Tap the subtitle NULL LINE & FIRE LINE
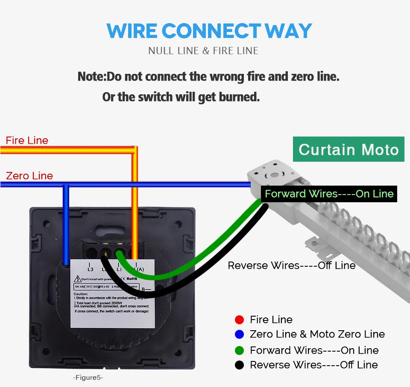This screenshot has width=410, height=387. (x=203, y=51)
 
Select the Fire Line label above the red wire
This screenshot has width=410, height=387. (x=27, y=140)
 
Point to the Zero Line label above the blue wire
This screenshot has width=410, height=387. (x=29, y=176)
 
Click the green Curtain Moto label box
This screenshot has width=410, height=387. (x=348, y=149)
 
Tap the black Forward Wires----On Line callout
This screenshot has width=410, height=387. (x=329, y=194)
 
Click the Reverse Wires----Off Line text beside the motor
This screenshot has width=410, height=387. (x=291, y=265)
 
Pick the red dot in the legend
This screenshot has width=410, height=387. (x=239, y=320)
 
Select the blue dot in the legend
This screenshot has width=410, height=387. (x=239, y=334)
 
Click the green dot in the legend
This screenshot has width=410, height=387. (x=239, y=350)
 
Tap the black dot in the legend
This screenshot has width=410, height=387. (x=239, y=365)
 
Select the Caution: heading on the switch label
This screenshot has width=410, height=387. (x=81, y=294)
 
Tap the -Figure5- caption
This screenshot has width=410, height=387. (x=88, y=378)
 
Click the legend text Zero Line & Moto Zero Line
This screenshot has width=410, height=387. (x=317, y=334)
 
